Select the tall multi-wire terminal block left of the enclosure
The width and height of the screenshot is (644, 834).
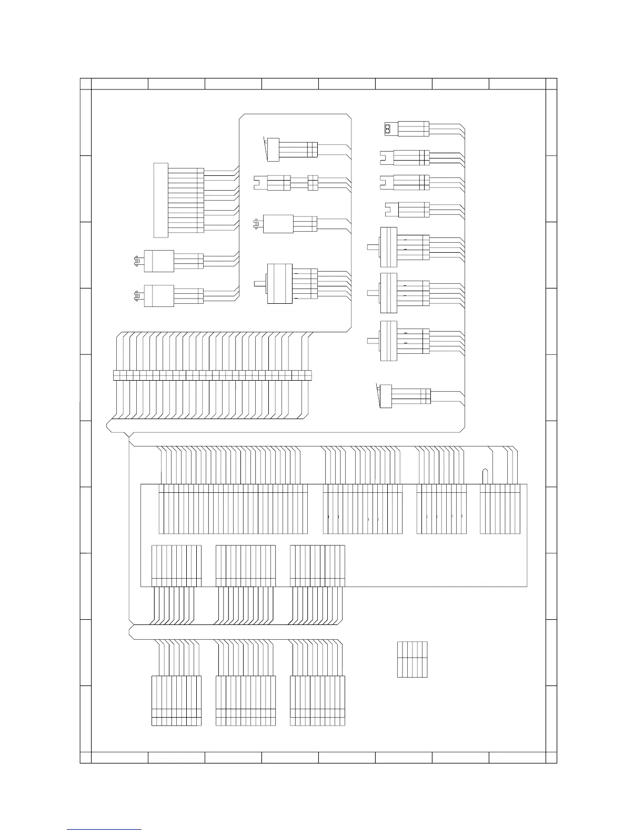(160, 200)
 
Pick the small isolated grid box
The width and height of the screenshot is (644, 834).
(412, 659)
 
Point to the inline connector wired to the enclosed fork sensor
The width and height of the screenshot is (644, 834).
(313, 183)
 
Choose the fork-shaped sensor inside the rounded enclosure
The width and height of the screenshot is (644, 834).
(260, 183)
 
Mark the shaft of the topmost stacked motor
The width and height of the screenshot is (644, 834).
(373, 245)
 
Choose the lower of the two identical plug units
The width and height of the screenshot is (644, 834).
(159, 296)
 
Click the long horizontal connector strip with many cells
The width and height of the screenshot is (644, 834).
(213, 375)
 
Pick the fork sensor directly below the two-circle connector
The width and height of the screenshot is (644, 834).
(387, 156)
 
